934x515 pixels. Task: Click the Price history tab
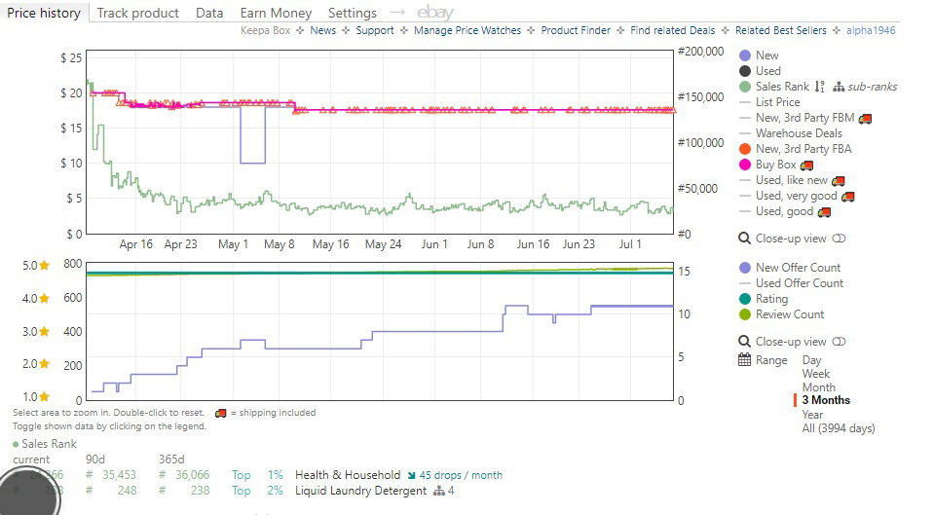click(44, 13)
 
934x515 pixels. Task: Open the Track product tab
click(137, 13)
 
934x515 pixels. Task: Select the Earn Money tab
click(276, 13)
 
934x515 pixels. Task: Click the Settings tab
click(352, 13)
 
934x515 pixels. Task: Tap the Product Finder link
click(576, 30)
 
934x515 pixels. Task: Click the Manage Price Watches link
click(467, 30)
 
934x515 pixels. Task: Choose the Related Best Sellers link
click(780, 30)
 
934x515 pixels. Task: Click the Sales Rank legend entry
click(782, 87)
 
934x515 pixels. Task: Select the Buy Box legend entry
click(775, 165)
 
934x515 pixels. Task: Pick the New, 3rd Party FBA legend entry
click(803, 149)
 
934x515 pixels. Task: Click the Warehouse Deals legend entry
click(799, 133)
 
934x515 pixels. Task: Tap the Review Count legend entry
click(789, 314)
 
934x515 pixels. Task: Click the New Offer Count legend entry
click(798, 268)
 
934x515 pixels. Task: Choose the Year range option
click(812, 414)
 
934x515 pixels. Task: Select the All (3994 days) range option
click(838, 427)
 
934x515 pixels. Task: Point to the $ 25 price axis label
click(71, 57)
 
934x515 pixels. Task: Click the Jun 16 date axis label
click(533, 244)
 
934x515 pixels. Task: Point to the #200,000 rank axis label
click(700, 51)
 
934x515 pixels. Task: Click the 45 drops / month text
click(461, 475)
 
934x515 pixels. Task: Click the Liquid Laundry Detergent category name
click(360, 491)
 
